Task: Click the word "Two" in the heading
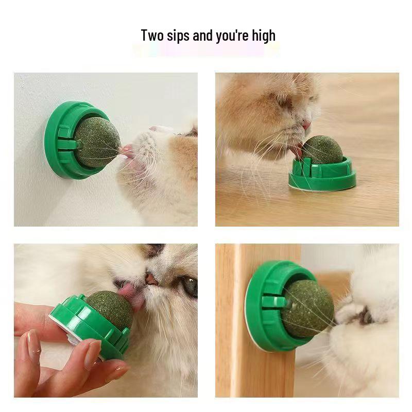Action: (152, 36)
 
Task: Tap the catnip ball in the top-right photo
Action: (322, 150)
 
